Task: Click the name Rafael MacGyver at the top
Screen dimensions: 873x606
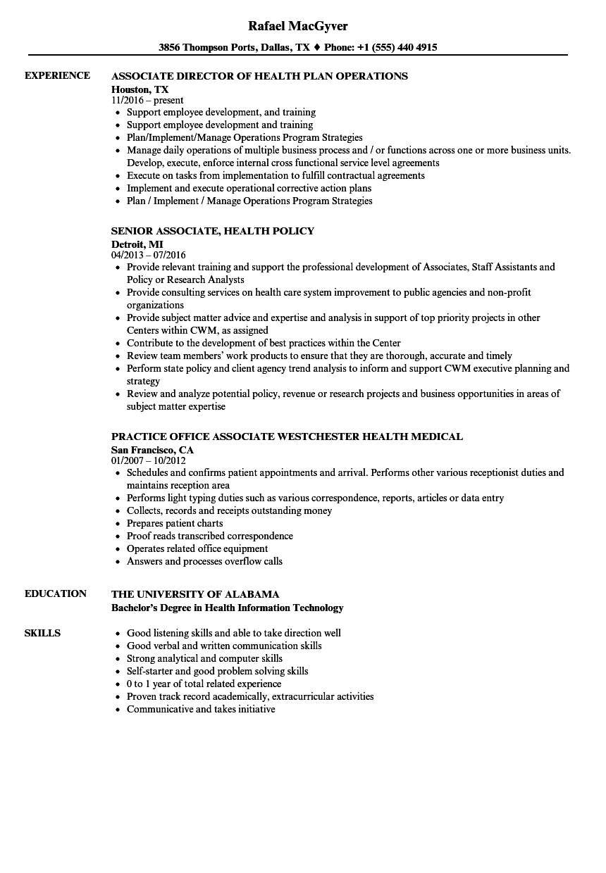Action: [x=298, y=26]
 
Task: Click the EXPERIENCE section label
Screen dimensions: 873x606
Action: [x=57, y=75]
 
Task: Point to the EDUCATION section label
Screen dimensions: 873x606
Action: [x=56, y=593]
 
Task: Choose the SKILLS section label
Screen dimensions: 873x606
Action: [x=42, y=633]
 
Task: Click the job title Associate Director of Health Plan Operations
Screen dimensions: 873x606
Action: [x=259, y=76]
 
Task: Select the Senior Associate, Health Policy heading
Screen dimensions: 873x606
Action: [x=213, y=231]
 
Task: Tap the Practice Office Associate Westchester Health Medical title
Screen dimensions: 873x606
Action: [x=287, y=436]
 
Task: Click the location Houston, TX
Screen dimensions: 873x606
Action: [x=140, y=89]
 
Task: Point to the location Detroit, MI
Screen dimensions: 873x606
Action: [x=137, y=244]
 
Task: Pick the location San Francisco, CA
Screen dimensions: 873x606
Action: [x=152, y=449]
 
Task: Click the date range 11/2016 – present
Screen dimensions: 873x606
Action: [x=147, y=101]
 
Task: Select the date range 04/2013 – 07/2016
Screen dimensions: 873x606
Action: [x=149, y=255]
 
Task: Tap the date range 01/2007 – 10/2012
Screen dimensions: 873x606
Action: [x=149, y=461]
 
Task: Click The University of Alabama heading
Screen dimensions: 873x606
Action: [x=195, y=594]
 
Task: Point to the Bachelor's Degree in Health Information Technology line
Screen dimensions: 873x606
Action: [x=227, y=608]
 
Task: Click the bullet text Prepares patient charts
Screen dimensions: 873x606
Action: [x=175, y=523]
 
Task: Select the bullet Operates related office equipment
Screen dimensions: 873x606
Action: [x=197, y=548]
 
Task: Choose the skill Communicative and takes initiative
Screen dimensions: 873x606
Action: [x=201, y=709]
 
